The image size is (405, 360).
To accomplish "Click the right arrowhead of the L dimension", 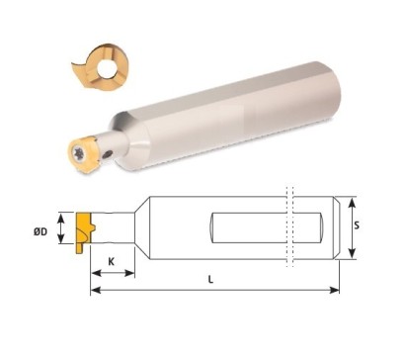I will [337, 290].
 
